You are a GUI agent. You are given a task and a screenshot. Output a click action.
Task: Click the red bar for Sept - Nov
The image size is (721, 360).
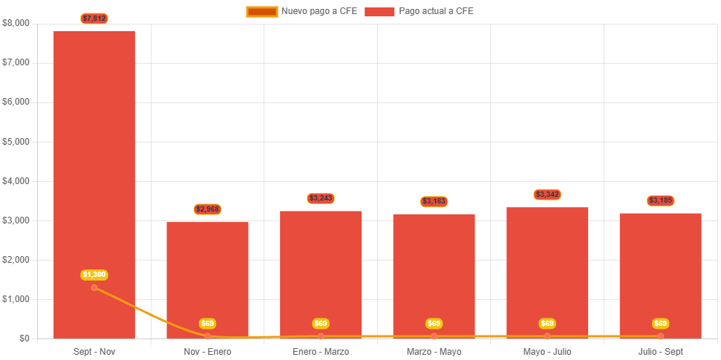tap(94, 163)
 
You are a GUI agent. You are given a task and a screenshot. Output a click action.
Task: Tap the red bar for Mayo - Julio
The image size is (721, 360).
tap(547, 267)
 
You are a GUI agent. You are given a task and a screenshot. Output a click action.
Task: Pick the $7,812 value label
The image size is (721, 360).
tap(94, 18)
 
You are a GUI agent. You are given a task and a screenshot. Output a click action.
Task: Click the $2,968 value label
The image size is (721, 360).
tap(208, 209)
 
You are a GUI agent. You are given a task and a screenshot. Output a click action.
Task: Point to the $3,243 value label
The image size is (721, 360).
tap(321, 198)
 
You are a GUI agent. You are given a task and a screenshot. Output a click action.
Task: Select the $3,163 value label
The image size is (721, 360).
tap(434, 201)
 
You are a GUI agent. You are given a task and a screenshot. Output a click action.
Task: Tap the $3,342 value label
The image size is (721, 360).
tap(547, 194)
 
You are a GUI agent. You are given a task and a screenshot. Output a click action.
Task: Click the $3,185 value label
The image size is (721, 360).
tap(661, 200)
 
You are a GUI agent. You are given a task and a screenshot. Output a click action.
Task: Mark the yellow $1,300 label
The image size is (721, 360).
tap(94, 275)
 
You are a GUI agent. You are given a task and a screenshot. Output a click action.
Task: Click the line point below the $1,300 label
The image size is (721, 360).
tap(94, 287)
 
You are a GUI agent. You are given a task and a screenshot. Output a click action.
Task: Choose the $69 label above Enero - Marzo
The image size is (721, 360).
tap(321, 324)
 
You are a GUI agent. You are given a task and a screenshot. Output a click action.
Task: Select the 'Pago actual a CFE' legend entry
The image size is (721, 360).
tap(420, 11)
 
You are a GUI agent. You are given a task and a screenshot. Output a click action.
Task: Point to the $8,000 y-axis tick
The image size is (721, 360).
tap(16, 23)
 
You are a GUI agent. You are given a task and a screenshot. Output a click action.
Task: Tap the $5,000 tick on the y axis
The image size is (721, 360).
tap(16, 141)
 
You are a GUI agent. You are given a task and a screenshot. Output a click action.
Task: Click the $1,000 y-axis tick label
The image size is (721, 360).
tap(16, 299)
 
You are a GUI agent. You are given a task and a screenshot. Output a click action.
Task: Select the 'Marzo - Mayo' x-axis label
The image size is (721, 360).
tap(434, 351)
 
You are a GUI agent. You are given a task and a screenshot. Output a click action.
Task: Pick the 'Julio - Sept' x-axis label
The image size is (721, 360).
tap(661, 351)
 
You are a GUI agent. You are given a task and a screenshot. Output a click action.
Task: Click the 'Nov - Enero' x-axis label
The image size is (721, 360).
tap(208, 351)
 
